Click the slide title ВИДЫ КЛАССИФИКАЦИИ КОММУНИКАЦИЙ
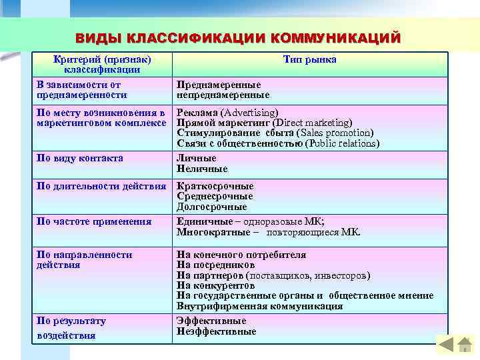(238, 38)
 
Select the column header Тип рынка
(309, 60)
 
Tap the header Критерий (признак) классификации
(102, 65)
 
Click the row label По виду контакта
(80, 159)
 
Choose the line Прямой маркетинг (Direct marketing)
(264, 123)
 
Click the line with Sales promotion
(275, 133)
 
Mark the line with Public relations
(278, 143)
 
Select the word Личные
(196, 159)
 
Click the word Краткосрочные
(215, 186)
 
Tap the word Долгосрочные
(211, 207)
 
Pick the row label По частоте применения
(94, 221)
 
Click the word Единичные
(201, 221)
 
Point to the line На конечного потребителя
(241, 255)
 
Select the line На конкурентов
(216, 285)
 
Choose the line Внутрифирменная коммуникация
(259, 306)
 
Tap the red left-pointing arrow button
(445, 345)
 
